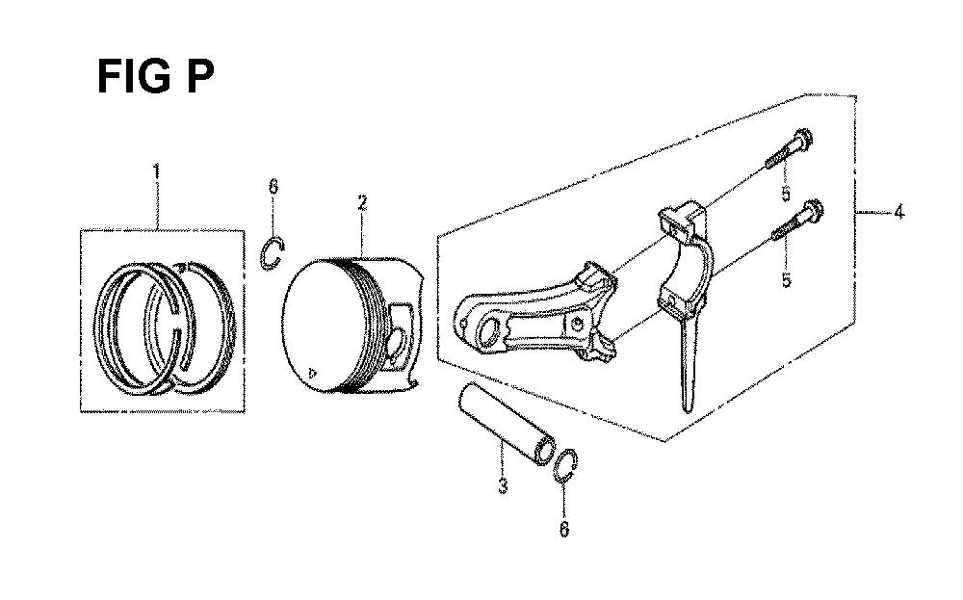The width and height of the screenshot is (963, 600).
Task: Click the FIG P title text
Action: (156, 77)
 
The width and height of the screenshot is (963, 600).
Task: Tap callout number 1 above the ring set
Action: (157, 170)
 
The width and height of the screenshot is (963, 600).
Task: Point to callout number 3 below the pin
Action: (503, 485)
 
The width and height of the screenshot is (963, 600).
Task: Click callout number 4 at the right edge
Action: (898, 213)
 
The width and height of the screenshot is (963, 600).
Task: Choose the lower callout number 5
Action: (786, 280)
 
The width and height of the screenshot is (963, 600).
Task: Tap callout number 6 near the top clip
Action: (273, 186)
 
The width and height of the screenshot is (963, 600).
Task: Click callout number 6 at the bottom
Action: (564, 529)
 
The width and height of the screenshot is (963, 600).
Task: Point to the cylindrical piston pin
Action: (505, 423)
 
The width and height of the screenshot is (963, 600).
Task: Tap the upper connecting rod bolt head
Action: (803, 138)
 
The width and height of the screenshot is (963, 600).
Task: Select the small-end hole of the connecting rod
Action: (489, 336)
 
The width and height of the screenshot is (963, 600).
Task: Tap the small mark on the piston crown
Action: (313, 372)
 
